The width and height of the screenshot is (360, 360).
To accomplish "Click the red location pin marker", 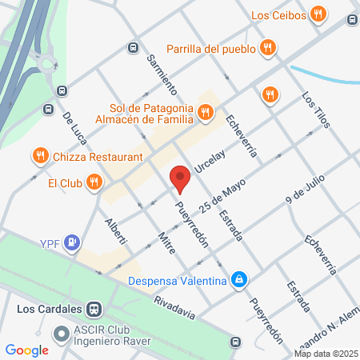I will pyautogui.click(x=179, y=178).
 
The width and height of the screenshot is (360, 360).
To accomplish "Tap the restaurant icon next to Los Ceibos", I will pyautogui.click(x=319, y=14).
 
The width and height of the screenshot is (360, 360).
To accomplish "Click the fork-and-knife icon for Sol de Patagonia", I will pyautogui.click(x=206, y=114).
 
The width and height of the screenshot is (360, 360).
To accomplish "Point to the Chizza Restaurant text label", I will pyautogui.click(x=98, y=157).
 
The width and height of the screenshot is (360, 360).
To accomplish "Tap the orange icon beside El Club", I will pyautogui.click(x=94, y=182).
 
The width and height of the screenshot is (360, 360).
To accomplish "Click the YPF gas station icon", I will pyautogui.click(x=73, y=241).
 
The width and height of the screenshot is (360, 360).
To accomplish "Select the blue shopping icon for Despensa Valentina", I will pyautogui.click(x=238, y=279).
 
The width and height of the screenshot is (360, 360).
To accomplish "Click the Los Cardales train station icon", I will pyautogui.click(x=94, y=309).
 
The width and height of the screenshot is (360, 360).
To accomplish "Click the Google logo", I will pyautogui.click(x=26, y=350).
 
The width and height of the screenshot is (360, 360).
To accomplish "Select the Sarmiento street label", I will pyautogui.click(x=162, y=71).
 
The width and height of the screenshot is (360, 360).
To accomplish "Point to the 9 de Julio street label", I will pyautogui.click(x=306, y=195).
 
